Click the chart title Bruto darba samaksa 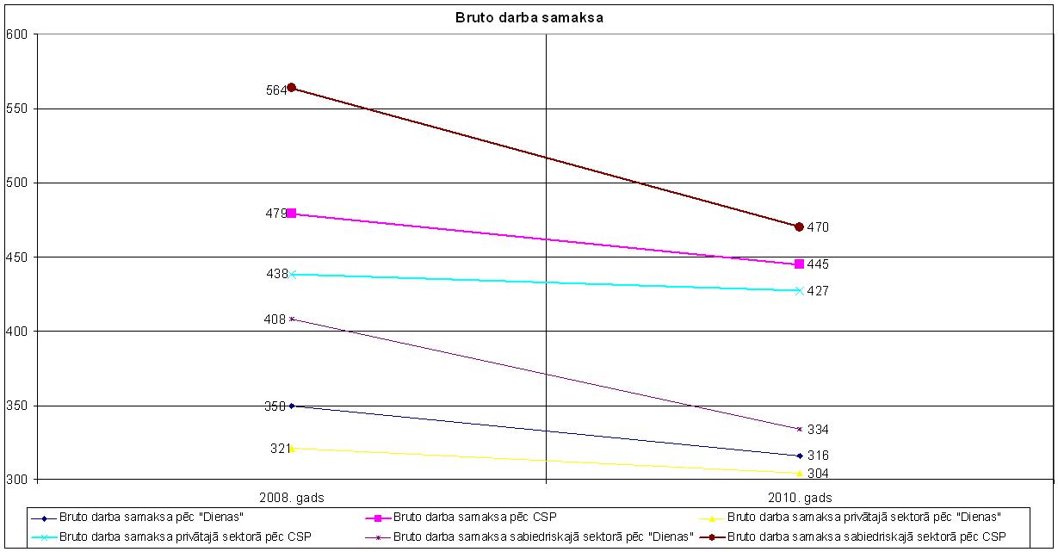click(529, 16)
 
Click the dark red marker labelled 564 click(291, 87)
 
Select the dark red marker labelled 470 click(799, 226)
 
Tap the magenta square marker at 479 click(291, 213)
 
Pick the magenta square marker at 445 click(799, 264)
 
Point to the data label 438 click(276, 274)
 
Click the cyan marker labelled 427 click(799, 290)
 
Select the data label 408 click(275, 319)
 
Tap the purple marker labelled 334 click(799, 429)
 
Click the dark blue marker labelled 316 click(799, 456)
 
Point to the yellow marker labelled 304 click(799, 473)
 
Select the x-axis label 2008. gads click(291, 498)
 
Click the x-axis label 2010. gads click(799, 498)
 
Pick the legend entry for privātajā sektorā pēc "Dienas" click(864, 518)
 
